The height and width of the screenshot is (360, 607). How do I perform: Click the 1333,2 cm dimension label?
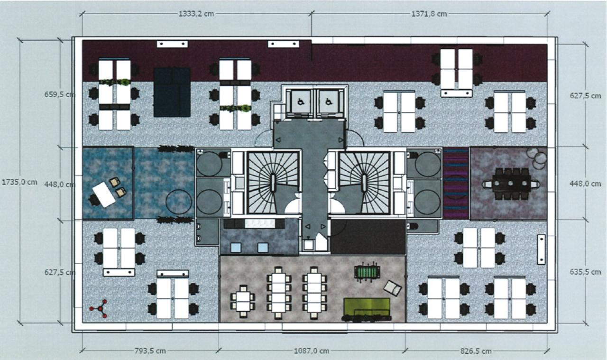(x=196, y=14)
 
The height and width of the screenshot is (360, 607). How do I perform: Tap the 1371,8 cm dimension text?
(x=429, y=14)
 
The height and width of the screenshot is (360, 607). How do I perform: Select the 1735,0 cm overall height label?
(x=19, y=182)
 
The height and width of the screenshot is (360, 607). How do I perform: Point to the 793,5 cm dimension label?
(x=150, y=351)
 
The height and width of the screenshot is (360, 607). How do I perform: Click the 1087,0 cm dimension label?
(x=312, y=351)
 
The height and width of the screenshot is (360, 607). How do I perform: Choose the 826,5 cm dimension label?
(x=476, y=351)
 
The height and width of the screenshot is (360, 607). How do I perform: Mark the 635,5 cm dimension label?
(x=585, y=272)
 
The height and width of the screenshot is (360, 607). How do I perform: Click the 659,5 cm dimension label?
(x=60, y=94)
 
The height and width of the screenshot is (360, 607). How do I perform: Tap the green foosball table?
(x=367, y=272)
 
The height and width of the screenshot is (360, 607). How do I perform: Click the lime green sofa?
(x=367, y=310)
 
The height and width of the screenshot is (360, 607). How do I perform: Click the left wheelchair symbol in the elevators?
(x=300, y=102)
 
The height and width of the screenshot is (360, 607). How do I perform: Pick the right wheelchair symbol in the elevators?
(x=329, y=102)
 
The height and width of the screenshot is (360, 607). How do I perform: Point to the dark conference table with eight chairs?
(x=511, y=184)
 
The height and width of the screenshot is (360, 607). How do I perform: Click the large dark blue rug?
(x=172, y=92)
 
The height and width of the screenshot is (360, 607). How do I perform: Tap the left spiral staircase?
(x=274, y=183)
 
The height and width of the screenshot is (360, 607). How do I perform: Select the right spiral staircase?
(x=364, y=183)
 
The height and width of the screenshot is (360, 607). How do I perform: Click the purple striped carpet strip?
(x=456, y=183)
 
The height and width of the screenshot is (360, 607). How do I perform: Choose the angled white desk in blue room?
(x=104, y=194)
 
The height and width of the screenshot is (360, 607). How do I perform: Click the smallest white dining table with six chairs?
(x=243, y=301)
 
